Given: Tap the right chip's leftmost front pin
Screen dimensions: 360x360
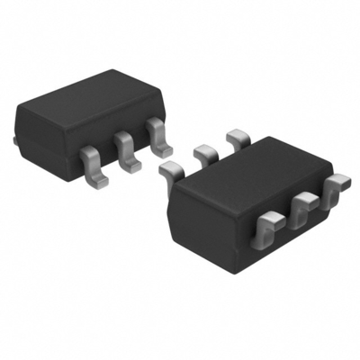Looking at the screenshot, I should click(x=269, y=229).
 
